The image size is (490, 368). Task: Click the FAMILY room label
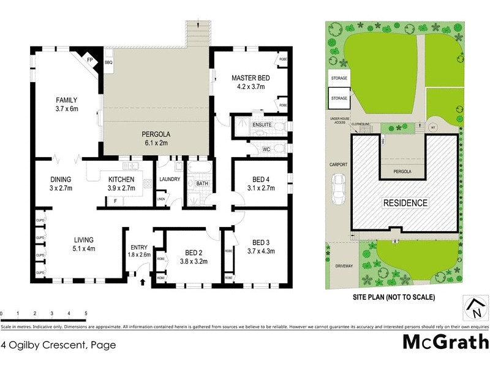[x=67, y=100]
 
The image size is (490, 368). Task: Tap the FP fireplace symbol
[x=89, y=60]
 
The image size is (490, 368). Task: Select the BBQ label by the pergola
[x=108, y=63]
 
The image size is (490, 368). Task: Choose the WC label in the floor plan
[x=266, y=148]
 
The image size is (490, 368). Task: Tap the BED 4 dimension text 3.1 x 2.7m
[x=260, y=188]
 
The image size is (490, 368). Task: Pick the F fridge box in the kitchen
[x=115, y=201]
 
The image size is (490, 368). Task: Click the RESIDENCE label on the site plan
[x=405, y=202]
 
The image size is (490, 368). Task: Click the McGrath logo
[x=445, y=342]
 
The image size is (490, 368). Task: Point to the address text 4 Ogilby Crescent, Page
[x=58, y=345]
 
